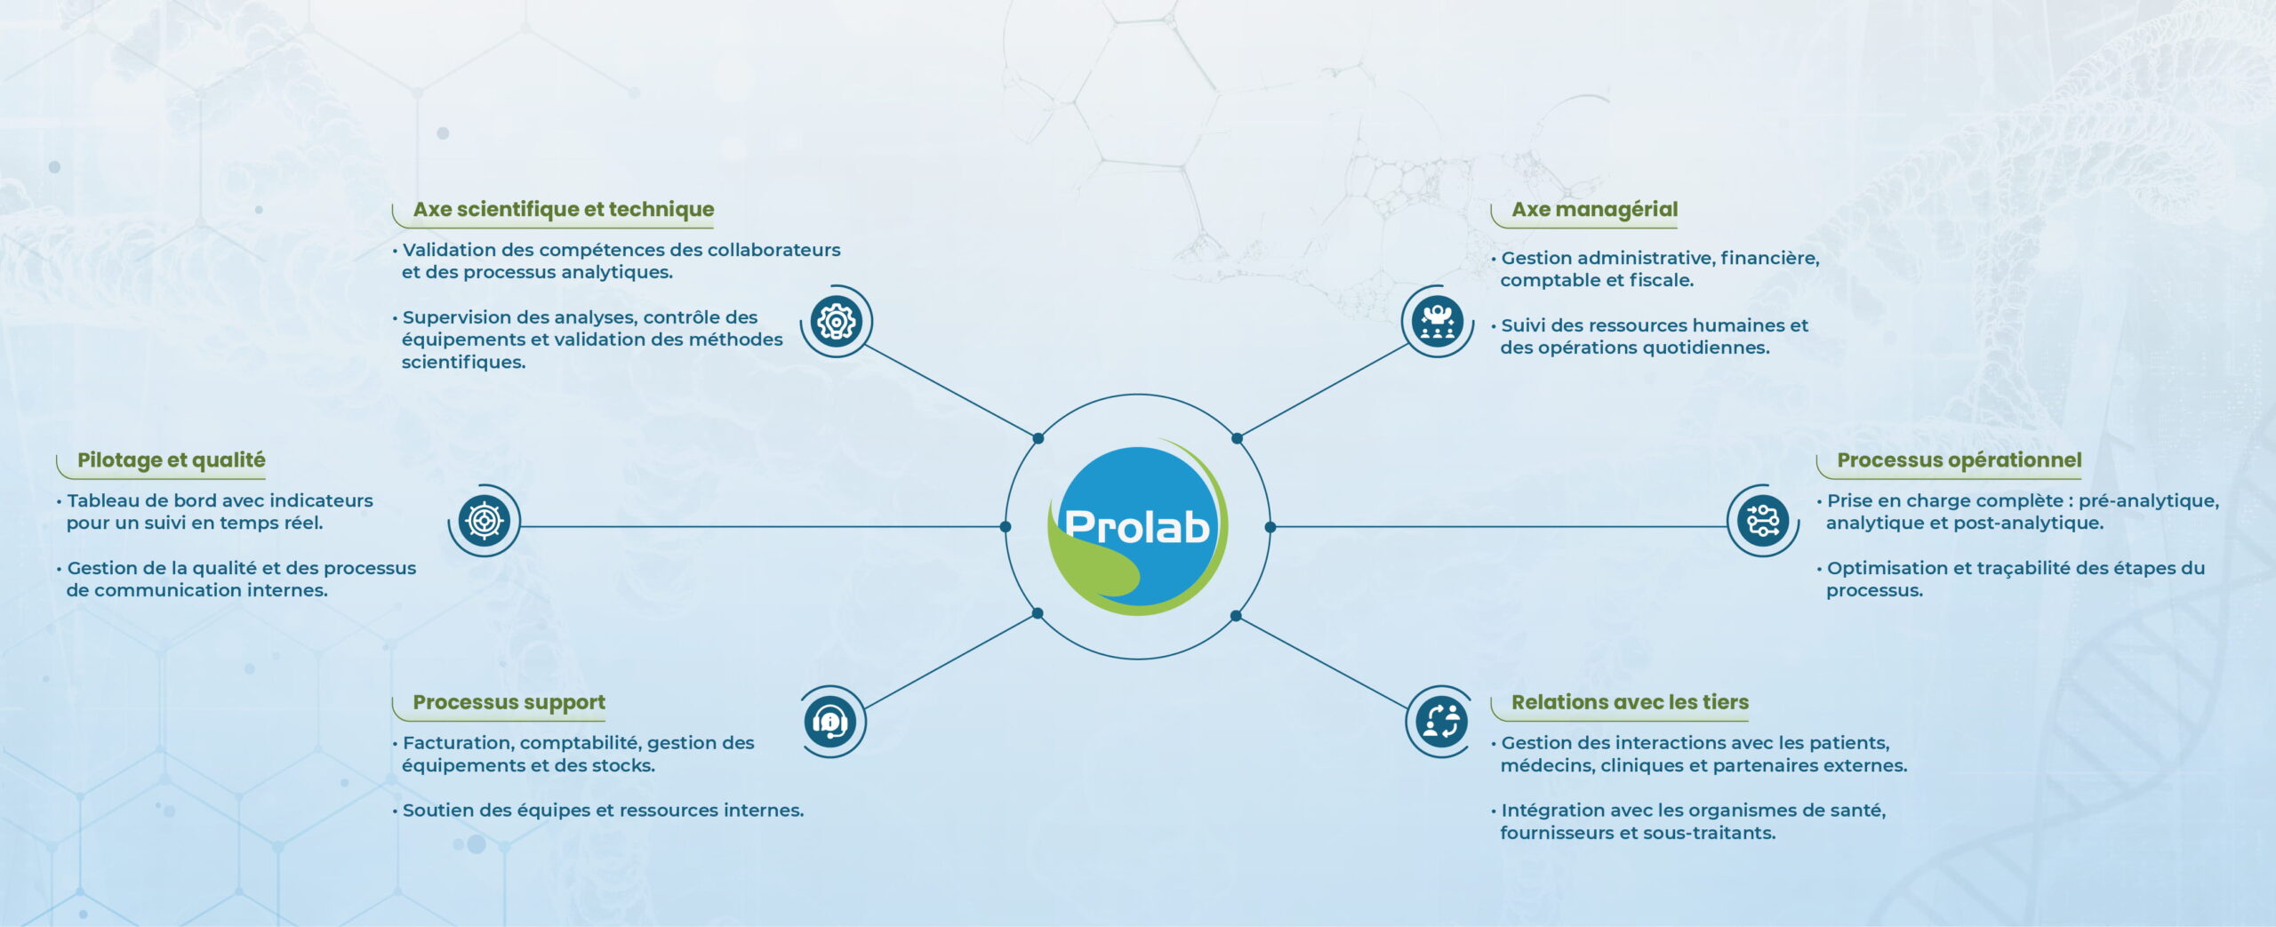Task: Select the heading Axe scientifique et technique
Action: [564, 209]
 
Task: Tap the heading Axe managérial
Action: [1595, 209]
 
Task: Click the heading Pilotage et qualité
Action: [172, 460]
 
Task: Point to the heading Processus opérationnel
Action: [1959, 460]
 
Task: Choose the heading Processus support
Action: [509, 702]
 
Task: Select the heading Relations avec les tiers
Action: [1631, 702]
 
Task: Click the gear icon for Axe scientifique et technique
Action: [837, 321]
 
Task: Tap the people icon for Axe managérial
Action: [1437, 321]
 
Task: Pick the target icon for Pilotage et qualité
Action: [484, 520]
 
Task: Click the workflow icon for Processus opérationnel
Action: [1763, 520]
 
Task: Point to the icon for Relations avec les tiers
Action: [1441, 721]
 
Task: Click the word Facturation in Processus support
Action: [458, 743]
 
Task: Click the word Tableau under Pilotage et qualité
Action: [100, 500]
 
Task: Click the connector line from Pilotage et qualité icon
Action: [763, 526]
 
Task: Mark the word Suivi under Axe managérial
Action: [1523, 325]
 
